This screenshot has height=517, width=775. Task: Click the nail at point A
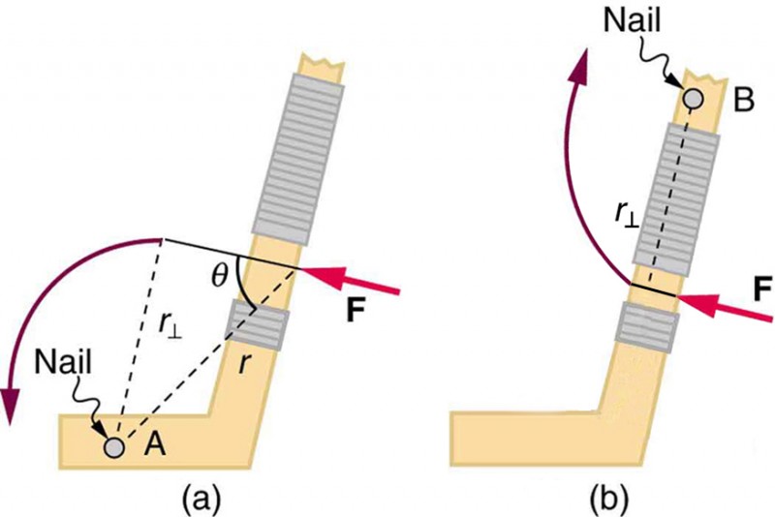pos(115,446)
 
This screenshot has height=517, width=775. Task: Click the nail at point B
pos(693,98)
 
